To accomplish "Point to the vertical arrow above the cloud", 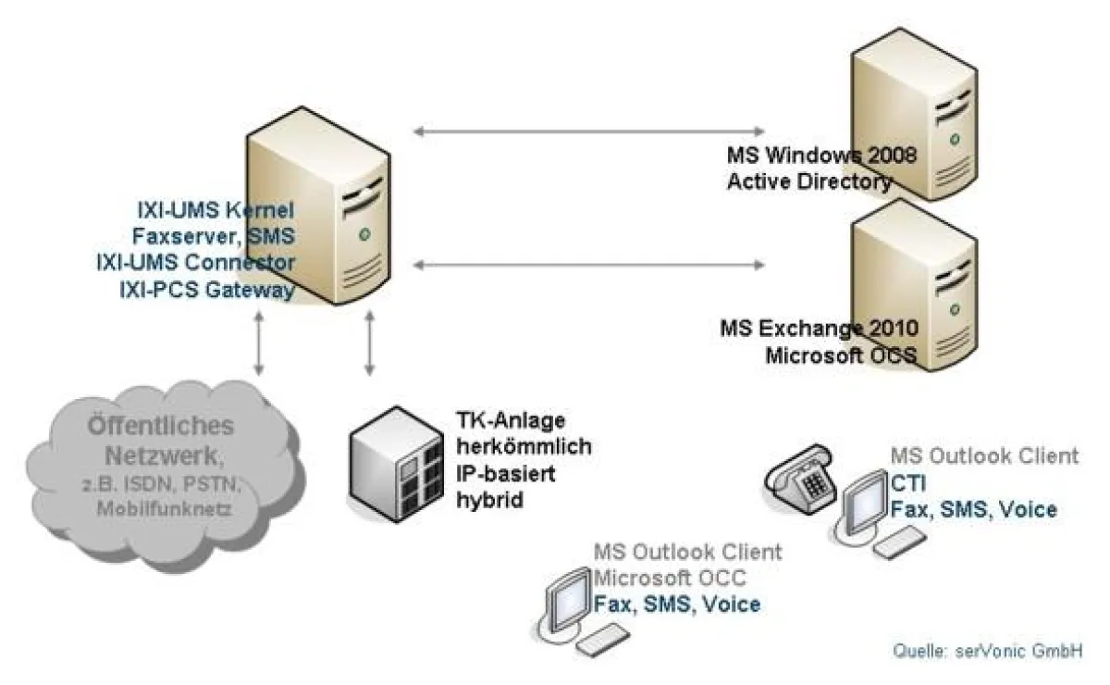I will point(260,342).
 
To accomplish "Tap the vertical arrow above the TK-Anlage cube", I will point(370,342).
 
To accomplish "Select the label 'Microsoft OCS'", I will point(841,355).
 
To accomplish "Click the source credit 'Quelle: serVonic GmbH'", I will point(987,651).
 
